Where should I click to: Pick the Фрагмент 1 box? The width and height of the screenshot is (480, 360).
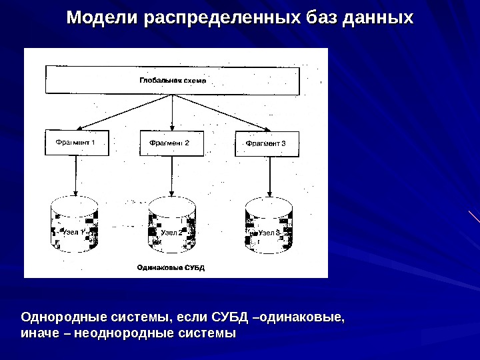[76, 143]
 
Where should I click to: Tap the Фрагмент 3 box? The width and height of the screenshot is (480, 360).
[266, 143]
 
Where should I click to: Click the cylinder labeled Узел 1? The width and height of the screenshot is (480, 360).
[75, 225]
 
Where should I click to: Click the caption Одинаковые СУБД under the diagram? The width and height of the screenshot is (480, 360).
[171, 267]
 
